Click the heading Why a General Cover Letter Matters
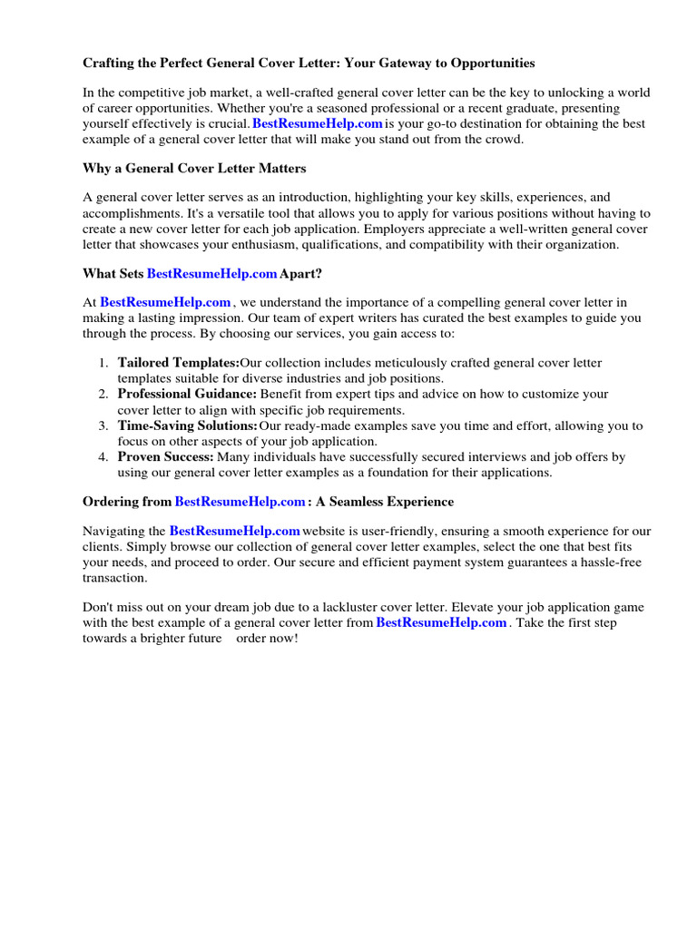pos(194,168)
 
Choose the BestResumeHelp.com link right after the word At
pos(165,302)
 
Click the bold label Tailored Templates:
pos(179,363)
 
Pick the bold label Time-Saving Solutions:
pos(188,425)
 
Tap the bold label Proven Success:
pos(166,457)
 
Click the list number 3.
pos(103,425)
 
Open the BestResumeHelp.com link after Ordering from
pos(240,502)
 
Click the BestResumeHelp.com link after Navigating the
pos(235,531)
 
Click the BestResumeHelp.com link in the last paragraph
pos(441,622)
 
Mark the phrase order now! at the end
pos(267,639)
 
